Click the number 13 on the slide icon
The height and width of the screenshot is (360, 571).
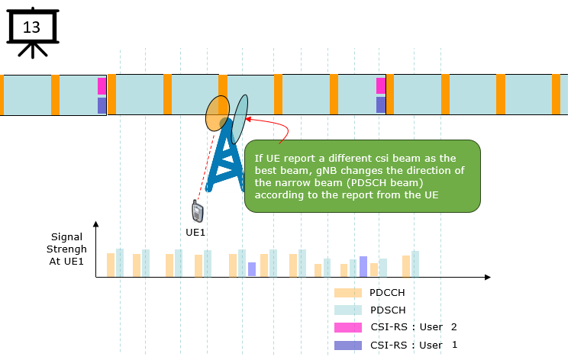31,27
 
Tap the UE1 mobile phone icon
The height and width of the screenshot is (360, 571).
198,211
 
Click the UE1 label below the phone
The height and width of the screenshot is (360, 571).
195,232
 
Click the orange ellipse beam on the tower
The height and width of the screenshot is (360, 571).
218,113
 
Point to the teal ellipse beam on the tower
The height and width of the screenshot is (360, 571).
239,120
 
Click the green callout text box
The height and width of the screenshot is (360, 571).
363,176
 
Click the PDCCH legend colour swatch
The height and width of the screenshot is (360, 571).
348,293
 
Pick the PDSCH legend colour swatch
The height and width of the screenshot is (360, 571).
348,310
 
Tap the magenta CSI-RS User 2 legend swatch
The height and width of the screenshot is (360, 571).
348,328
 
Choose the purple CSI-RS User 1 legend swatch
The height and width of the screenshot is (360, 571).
348,345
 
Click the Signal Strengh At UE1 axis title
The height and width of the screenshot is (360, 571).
66,249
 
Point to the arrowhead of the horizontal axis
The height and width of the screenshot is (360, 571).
488,278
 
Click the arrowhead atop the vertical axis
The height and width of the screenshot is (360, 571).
95,224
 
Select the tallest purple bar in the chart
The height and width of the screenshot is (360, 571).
363,266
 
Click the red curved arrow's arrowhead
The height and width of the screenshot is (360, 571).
248,119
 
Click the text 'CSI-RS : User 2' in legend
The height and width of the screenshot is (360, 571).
413,327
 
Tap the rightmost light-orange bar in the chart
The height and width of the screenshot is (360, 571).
406,266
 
